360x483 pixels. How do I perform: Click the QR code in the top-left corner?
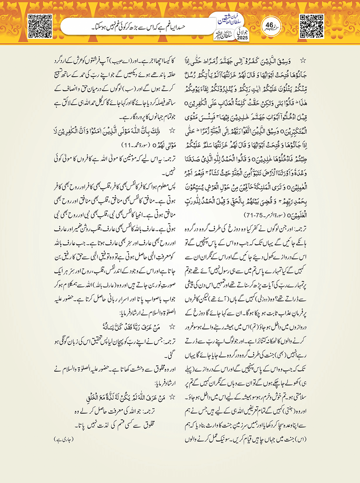point(40,26)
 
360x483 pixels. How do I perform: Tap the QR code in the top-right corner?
point(312,26)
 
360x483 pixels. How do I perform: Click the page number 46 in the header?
point(269,25)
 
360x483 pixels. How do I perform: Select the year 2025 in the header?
point(242,38)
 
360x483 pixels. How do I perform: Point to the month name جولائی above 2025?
point(242,32)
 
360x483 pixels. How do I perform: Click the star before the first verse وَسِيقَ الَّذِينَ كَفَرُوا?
point(302,61)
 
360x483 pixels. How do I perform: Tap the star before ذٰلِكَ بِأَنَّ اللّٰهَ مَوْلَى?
point(172,131)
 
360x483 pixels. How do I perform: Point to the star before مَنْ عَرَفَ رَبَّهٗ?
point(172,327)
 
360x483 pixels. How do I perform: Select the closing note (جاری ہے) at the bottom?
point(64,439)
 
